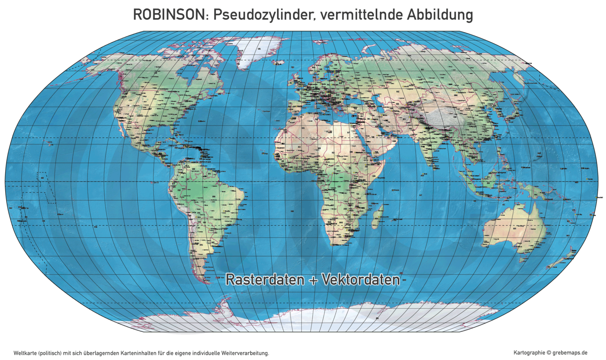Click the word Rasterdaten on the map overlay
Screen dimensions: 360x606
(265, 279)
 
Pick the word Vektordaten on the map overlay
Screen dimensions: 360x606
(361, 279)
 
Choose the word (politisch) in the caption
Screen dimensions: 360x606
(50, 353)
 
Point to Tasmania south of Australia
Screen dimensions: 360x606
(524, 260)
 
